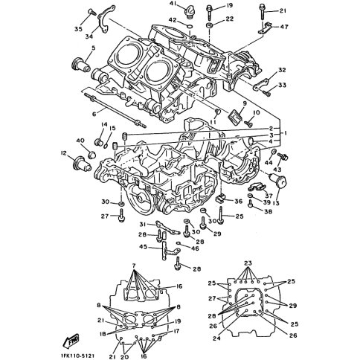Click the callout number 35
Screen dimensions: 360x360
[x=78, y=30]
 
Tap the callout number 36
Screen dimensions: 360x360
[x=239, y=201]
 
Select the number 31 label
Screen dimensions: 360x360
[x=141, y=225]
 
